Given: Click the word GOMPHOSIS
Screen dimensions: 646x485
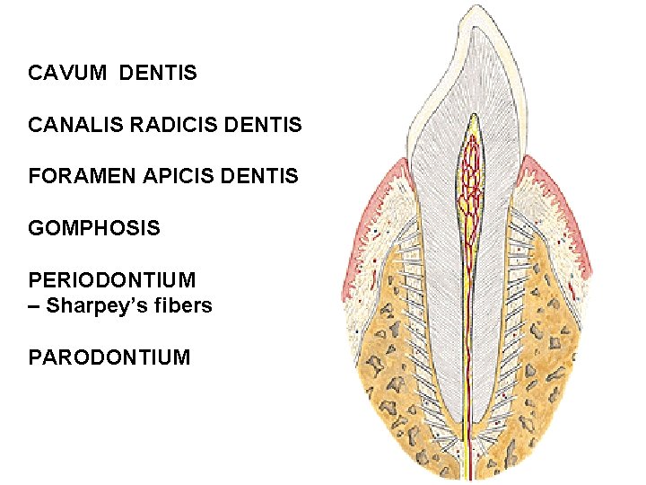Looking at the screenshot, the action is [x=94, y=229].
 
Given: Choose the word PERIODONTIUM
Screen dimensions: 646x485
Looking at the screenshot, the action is [x=112, y=281].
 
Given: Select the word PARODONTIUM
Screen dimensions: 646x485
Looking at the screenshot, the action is [x=109, y=358].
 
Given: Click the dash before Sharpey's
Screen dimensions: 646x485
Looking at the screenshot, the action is [x=35, y=306].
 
